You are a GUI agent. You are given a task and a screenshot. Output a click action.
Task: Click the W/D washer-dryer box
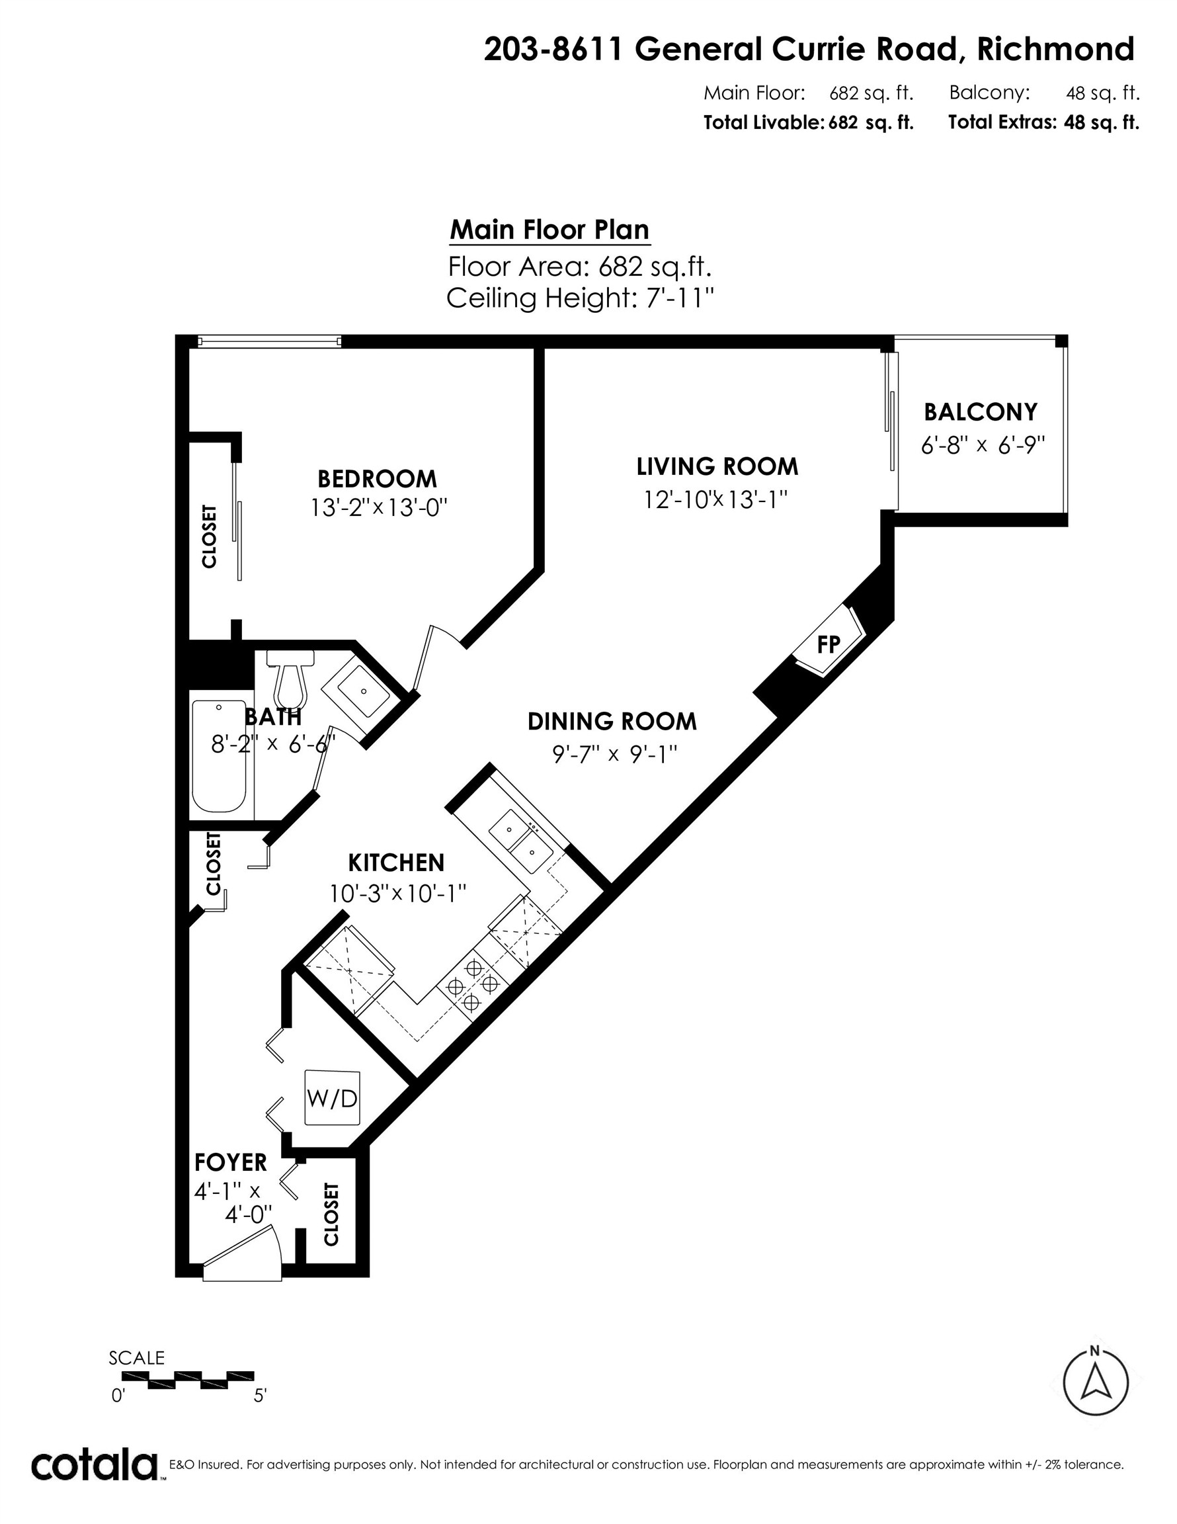click(x=333, y=1098)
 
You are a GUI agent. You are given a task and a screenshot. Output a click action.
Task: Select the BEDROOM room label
click(x=377, y=479)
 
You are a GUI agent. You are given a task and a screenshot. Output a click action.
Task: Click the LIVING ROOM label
click(x=717, y=466)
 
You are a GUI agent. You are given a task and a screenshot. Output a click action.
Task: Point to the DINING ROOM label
click(x=612, y=721)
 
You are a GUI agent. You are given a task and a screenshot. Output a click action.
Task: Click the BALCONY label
click(x=980, y=411)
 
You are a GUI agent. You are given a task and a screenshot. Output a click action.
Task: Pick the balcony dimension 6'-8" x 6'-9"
click(x=983, y=444)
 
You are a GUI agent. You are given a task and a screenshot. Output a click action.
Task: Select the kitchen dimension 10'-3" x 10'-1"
click(x=397, y=893)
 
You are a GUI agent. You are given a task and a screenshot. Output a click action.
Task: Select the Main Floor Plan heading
click(x=549, y=230)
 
